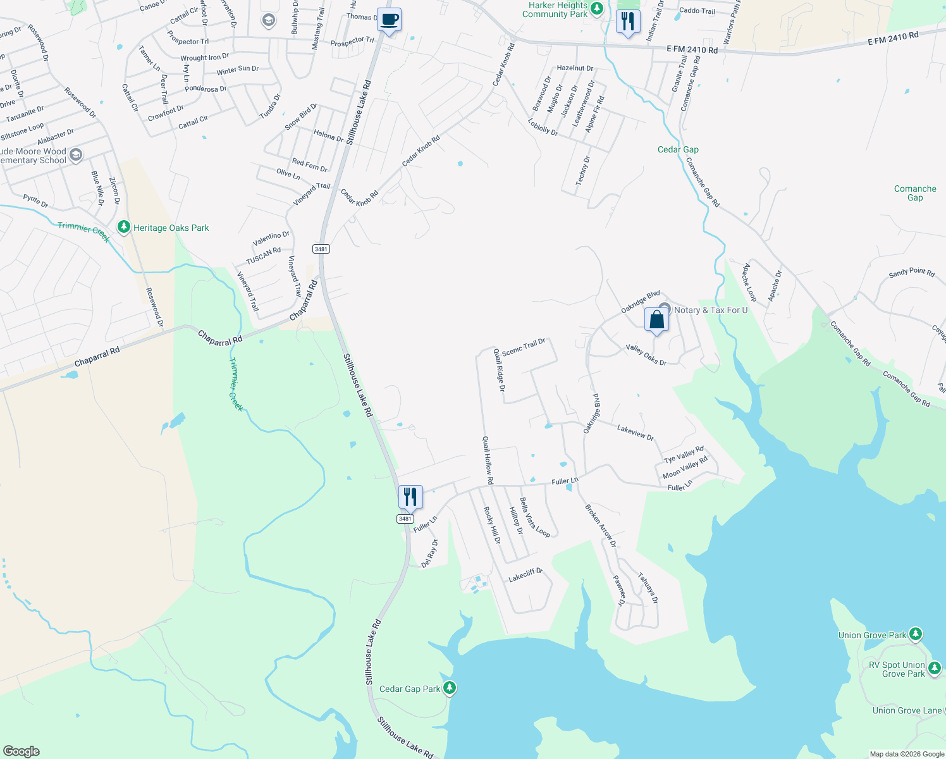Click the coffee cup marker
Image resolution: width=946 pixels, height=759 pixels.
[390, 20]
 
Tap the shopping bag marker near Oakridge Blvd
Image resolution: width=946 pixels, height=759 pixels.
[656, 320]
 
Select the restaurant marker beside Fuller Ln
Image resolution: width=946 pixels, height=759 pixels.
[410, 497]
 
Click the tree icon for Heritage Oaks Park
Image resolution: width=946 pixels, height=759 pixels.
[124, 227]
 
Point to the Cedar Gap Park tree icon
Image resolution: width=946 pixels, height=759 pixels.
[450, 688]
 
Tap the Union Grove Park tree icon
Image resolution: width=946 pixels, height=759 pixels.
[915, 634]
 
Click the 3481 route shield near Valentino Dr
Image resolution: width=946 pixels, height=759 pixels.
[321, 249]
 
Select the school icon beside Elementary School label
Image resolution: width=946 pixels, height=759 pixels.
[76, 155]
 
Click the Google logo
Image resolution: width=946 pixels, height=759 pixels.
[21, 751]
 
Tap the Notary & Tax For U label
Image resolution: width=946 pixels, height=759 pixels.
[711, 310]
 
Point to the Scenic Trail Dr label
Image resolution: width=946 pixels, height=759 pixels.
[524, 347]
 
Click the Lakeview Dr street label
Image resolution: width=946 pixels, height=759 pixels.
[636, 433]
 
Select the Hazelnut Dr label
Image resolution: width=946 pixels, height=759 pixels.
[575, 68]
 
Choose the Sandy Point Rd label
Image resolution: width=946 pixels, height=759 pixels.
[911, 273]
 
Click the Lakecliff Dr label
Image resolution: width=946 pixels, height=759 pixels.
[525, 575]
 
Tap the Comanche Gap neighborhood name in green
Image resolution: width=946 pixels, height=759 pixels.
[915, 193]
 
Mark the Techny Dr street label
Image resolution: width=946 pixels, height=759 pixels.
[582, 170]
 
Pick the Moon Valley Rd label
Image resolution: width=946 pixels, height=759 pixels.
[685, 468]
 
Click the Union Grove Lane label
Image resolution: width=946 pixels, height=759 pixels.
[907, 710]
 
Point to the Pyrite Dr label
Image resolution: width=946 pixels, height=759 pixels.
[35, 201]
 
